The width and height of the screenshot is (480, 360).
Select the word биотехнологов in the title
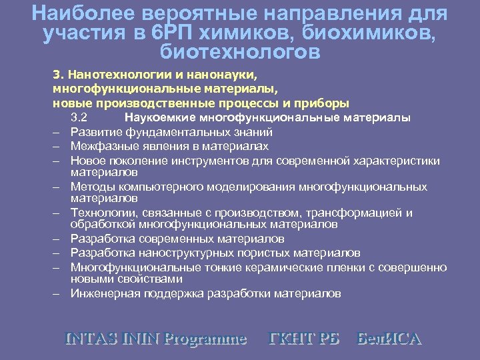[240, 51]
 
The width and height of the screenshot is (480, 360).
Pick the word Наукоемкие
[162, 118]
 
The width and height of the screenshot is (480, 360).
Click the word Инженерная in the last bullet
[102, 293]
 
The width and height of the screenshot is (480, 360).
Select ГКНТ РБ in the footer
[303, 338]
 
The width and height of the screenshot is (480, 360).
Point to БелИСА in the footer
[390, 338]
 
